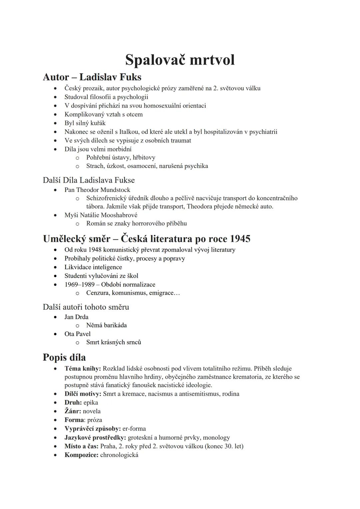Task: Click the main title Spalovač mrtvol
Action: (180, 60)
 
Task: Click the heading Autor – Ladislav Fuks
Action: (92, 77)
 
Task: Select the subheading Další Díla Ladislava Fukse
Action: (89, 180)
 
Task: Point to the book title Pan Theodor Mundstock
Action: (97, 190)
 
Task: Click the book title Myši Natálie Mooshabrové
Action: (101, 215)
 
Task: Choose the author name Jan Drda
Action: (76, 317)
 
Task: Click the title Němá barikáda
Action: (106, 325)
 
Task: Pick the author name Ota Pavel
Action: (77, 334)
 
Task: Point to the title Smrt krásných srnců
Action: (113, 342)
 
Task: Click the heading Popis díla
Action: (64, 357)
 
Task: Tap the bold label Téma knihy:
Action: (83, 368)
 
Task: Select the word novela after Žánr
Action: (92, 411)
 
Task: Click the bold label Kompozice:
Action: (81, 455)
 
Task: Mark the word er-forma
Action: (134, 428)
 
